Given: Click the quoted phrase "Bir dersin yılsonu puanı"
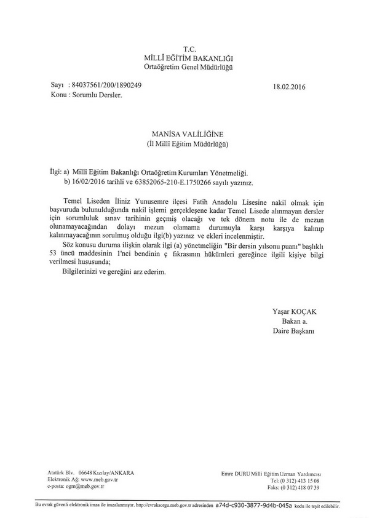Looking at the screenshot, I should tap(263, 245).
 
